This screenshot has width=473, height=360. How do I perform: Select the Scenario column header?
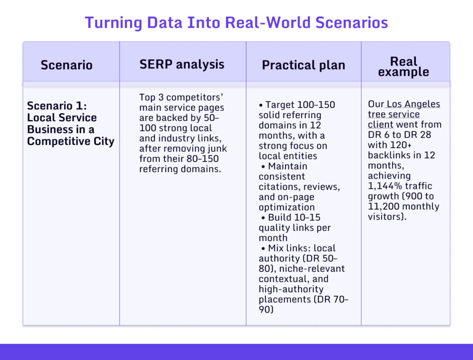[x=67, y=65]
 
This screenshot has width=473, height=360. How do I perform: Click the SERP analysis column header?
[x=182, y=64]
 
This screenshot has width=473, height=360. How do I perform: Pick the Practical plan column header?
[x=303, y=65]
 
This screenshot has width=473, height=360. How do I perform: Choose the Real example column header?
[x=403, y=67]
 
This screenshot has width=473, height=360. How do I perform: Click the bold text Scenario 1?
[x=57, y=106]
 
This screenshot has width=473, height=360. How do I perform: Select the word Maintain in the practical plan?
[x=287, y=166]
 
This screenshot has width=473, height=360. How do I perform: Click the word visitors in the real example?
[x=386, y=216]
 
